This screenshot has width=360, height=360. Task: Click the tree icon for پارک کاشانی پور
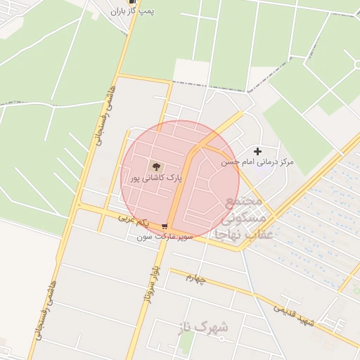[x=155, y=167]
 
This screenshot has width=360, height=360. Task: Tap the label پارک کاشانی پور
[x=155, y=179]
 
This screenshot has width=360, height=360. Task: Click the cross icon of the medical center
[x=257, y=151]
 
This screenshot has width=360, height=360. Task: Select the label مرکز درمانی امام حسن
[x=257, y=162]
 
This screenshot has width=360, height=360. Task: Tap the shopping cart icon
[x=164, y=226]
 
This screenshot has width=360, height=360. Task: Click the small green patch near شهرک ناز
[x=186, y=342]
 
